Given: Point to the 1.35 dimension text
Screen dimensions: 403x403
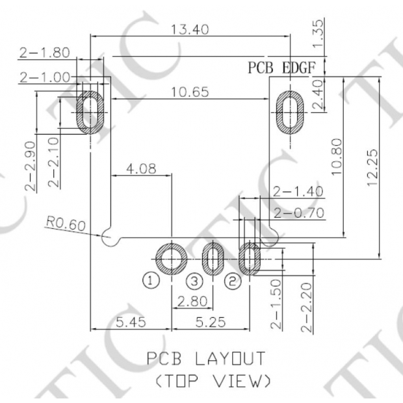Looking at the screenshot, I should coord(319,33).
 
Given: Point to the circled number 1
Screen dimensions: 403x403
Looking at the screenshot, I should coord(150,281).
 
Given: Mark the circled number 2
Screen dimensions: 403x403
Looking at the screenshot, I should coord(232,281).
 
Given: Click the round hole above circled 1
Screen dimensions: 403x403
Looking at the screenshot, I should coord(171,259).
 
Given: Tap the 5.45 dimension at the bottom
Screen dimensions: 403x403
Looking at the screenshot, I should coord(131,321).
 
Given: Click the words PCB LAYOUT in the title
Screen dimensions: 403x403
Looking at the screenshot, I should coord(205,358).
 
